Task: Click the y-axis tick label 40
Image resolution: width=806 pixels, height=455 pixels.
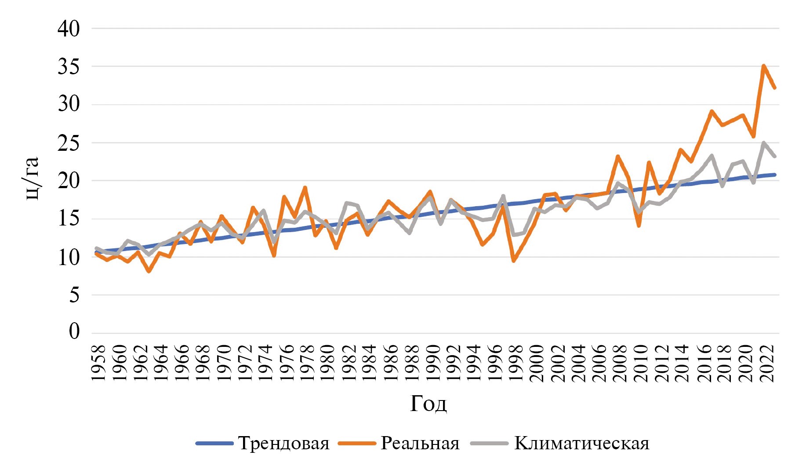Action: (69, 29)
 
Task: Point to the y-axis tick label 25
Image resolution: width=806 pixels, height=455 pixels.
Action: (69, 143)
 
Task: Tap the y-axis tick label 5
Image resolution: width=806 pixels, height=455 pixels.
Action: (74, 295)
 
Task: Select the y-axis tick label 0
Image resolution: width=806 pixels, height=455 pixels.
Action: (74, 331)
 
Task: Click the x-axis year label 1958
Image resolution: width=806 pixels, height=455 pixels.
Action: (98, 363)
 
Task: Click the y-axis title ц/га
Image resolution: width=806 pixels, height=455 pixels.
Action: (32, 178)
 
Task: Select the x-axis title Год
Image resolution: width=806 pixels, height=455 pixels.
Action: (428, 404)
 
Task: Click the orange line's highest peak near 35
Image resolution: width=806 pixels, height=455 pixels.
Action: (764, 66)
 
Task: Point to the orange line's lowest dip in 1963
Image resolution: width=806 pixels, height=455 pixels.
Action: (149, 271)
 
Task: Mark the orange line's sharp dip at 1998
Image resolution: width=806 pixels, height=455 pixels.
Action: (514, 261)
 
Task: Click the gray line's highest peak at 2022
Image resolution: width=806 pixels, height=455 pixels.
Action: (764, 143)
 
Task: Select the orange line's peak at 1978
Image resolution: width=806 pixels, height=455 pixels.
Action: (305, 188)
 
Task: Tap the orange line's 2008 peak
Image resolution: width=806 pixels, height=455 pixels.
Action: (618, 156)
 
